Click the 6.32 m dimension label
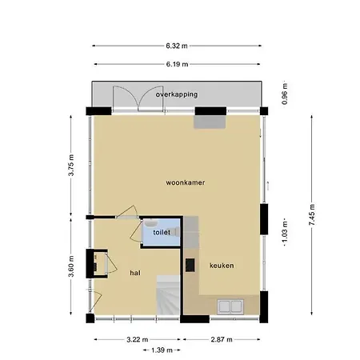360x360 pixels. point(177,46)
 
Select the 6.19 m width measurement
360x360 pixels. point(177,64)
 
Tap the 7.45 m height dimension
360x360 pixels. point(312,214)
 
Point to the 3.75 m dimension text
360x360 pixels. point(71,165)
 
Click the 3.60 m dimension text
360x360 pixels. point(71,266)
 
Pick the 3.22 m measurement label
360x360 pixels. point(137,339)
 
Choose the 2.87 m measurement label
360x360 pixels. point(222,339)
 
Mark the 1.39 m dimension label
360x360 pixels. point(162,350)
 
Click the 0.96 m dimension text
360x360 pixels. point(285,94)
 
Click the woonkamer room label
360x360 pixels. point(186,182)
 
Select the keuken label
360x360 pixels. point(222,266)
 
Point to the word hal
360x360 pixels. point(135,273)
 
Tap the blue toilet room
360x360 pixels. point(161,232)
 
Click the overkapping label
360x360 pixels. point(177,94)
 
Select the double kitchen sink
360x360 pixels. point(230,306)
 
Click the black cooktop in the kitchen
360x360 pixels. point(190,265)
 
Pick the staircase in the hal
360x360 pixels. point(168,295)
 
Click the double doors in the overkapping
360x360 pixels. point(138,98)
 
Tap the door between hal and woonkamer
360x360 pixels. point(127,213)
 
